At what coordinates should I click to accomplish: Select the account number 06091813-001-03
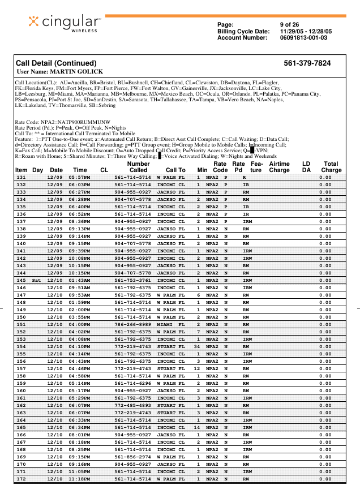[303, 37]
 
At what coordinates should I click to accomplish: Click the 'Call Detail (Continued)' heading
[56, 63]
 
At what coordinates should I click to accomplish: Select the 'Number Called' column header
[138, 166]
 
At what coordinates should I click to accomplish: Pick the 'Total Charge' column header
[331, 166]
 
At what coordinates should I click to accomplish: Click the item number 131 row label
[21, 178]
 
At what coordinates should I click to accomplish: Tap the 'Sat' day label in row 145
[37, 280]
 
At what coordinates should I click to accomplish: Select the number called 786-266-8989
[133, 324]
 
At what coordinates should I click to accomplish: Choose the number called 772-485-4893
[133, 405]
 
